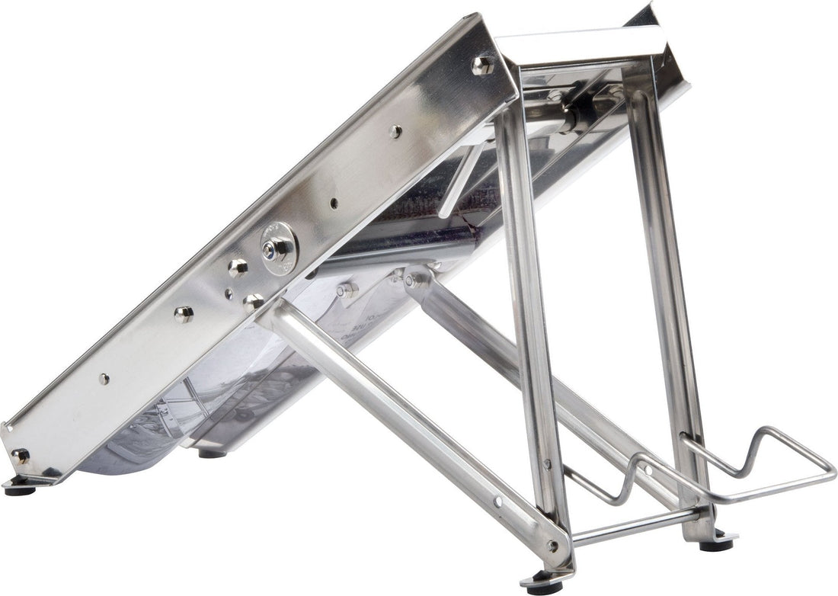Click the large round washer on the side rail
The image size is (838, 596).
277,248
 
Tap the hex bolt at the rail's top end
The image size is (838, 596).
482,65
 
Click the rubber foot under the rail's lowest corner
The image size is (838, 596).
19,489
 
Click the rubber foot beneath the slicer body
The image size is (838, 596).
212,453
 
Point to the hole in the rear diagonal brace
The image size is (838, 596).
648,471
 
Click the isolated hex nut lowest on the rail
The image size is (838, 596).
183,314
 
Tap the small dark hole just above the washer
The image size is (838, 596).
334,203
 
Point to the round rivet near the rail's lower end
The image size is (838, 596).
104,378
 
